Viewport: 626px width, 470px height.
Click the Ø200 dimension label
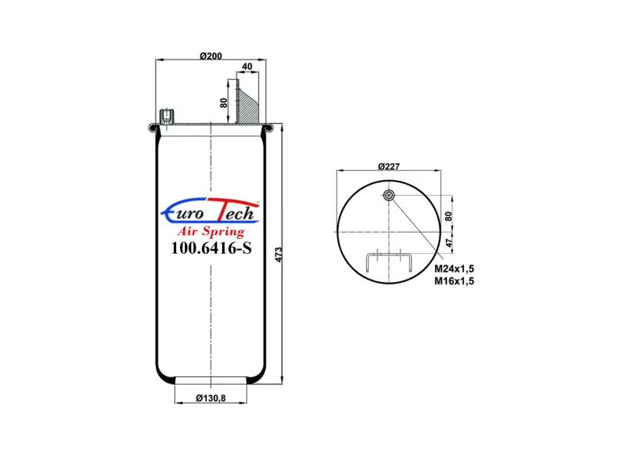coord(210,56)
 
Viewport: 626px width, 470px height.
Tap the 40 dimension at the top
coord(247,67)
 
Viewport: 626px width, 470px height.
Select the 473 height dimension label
coord(279,255)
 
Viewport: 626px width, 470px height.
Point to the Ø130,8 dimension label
coord(210,398)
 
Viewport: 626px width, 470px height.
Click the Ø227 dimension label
coord(389,166)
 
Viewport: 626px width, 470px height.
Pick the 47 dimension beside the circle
coord(449,243)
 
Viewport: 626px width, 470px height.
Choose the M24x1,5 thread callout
coord(455,269)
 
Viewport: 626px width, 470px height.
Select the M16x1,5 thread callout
coord(455,281)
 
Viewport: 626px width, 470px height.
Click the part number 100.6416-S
coord(211,248)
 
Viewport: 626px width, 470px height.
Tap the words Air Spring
coord(210,231)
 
